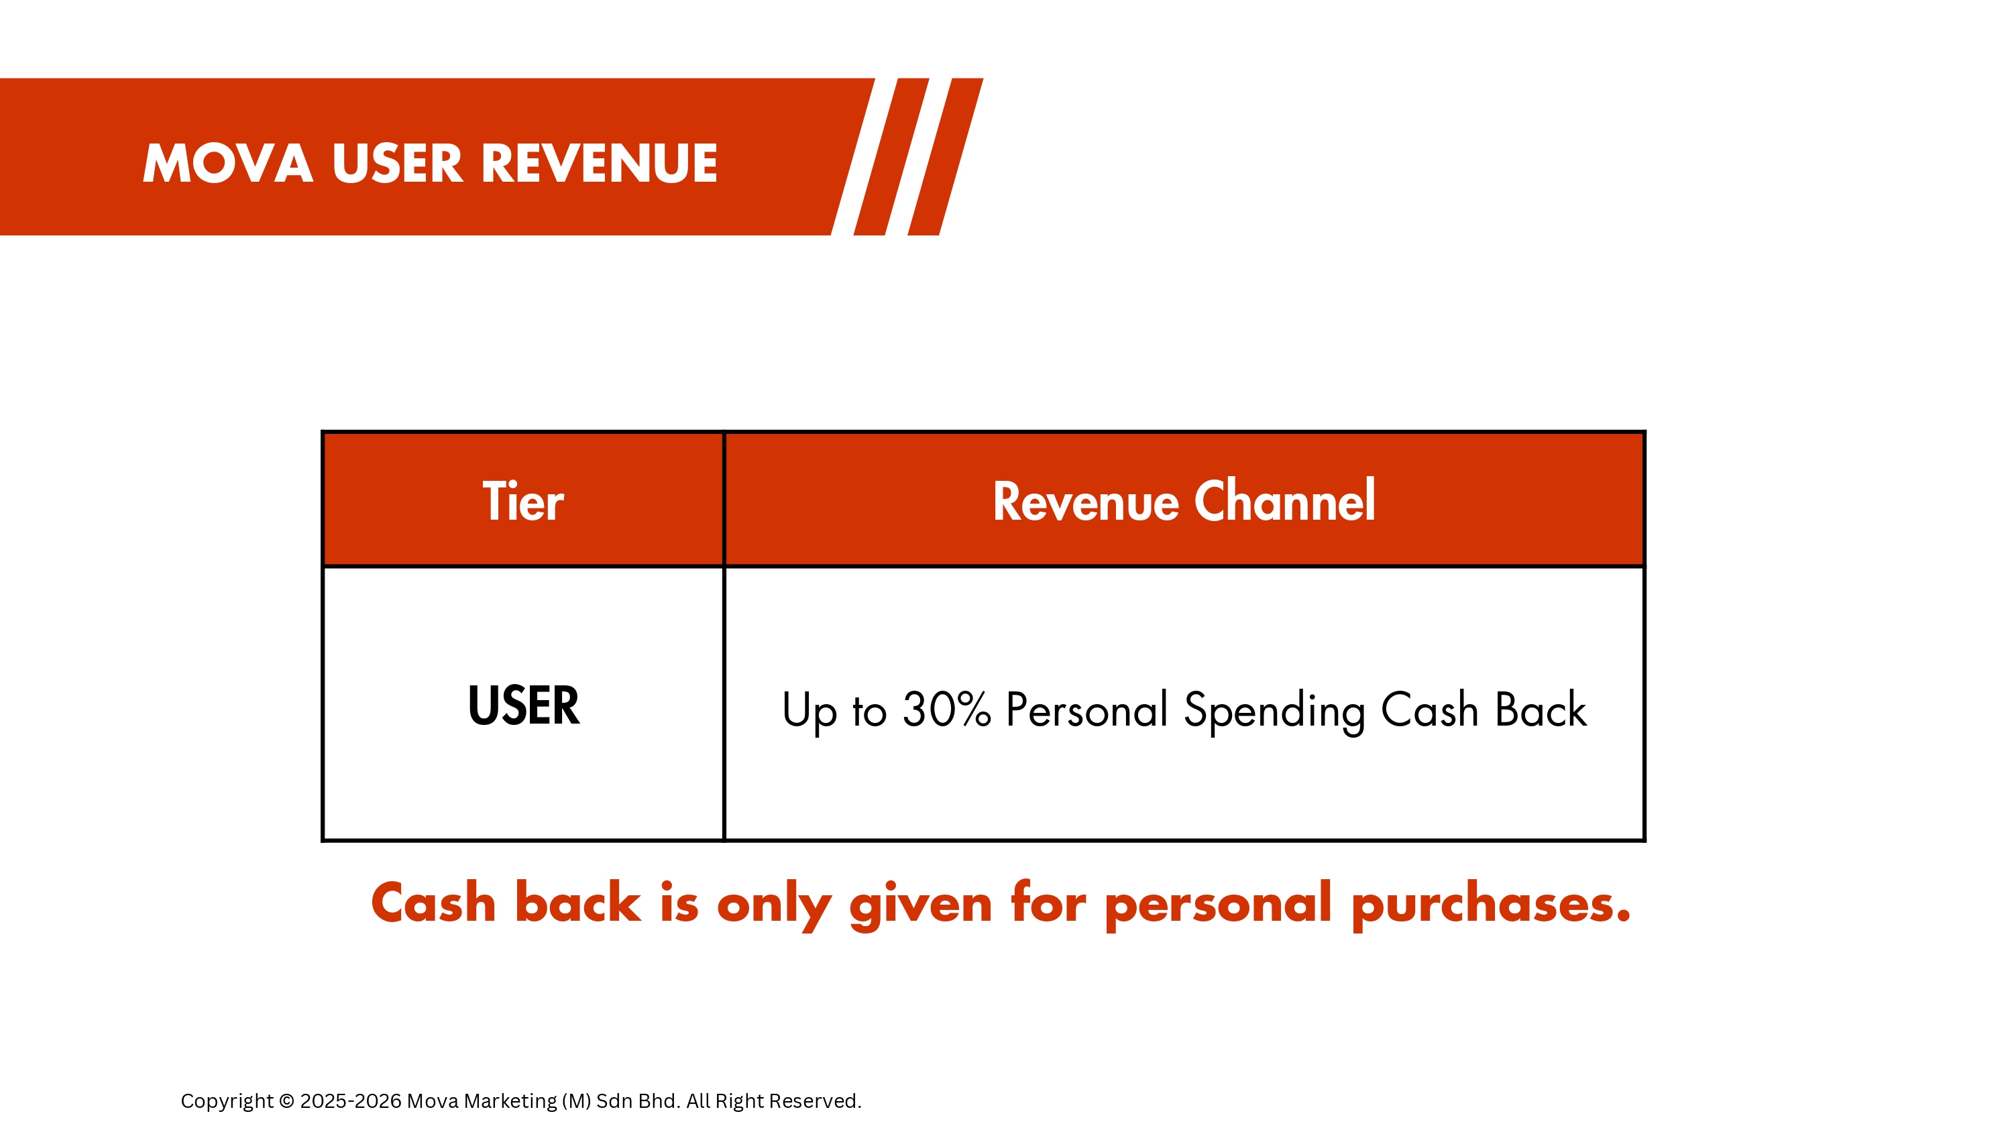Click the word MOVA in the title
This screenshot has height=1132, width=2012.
coord(228,164)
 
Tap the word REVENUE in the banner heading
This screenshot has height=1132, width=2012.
coord(599,164)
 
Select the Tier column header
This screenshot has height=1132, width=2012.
coord(522,501)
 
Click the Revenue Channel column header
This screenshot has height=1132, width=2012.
coord(1183,501)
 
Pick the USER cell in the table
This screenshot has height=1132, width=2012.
coord(523,705)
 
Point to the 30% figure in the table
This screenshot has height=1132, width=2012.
coord(946,710)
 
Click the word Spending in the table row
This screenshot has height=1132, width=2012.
coord(1274,712)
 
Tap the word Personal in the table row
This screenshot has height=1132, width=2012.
coord(1086,710)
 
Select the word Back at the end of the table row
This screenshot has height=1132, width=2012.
coord(1541,710)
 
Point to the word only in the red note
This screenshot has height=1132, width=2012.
coord(774,905)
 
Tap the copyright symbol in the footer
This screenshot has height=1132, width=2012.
coord(286,1100)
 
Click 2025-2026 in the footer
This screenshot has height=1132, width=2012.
coord(351,1100)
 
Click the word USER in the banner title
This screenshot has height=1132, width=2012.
coord(398,164)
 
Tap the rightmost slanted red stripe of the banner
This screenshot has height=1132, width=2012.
coord(945,156)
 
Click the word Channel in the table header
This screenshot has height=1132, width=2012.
coord(1285,501)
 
